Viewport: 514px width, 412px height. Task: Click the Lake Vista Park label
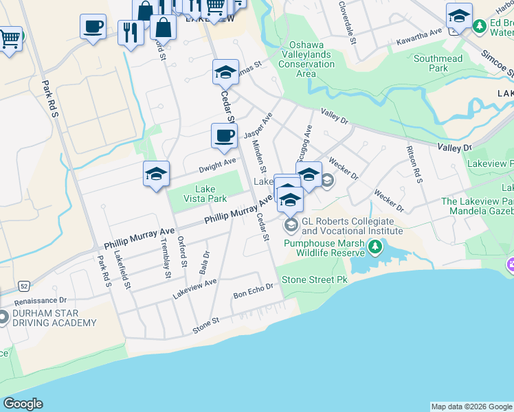pyautogui.click(x=205, y=194)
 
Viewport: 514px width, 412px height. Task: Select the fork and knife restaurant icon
pyautogui.click(x=131, y=32)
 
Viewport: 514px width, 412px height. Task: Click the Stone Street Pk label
pyautogui.click(x=315, y=280)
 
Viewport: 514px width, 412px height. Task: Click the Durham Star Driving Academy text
pyautogui.click(x=54, y=318)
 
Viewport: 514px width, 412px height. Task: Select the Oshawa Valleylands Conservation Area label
pyautogui.click(x=306, y=60)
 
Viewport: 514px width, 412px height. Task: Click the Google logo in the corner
pyautogui.click(x=23, y=404)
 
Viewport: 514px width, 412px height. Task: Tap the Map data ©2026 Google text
pyautogui.click(x=471, y=407)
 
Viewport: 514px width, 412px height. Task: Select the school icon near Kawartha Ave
pyautogui.click(x=459, y=16)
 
